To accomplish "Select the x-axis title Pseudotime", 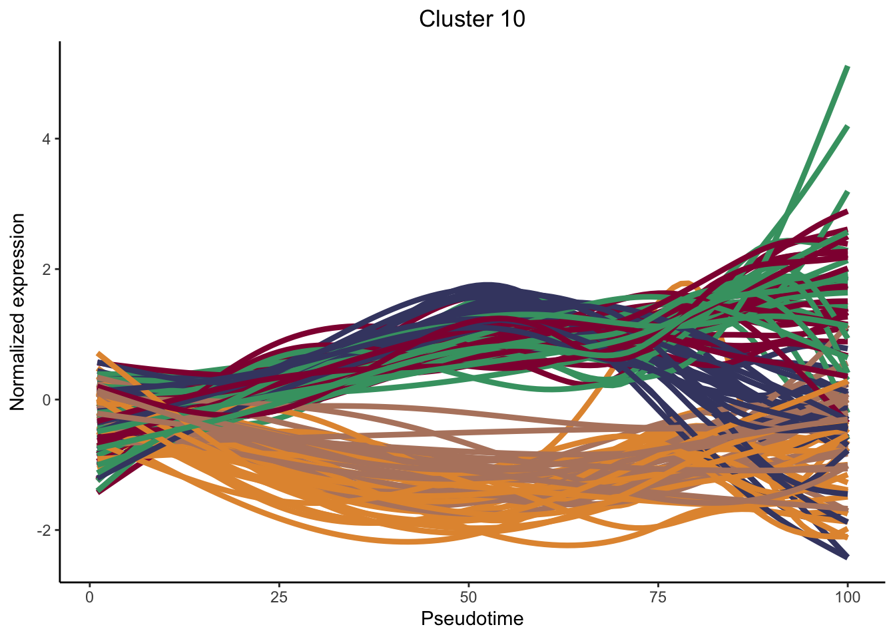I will (472, 619).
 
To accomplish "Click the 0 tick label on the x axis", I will (90, 597).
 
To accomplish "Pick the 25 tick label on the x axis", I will (279, 597).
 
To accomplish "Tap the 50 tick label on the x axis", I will (469, 597).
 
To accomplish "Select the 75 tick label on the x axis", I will (658, 597).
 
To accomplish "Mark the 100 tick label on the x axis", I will (847, 597).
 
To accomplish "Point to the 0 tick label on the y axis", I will (47, 400).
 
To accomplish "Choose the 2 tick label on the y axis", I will (47, 270).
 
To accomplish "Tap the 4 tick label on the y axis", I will (47, 139).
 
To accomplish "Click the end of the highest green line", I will (847, 67).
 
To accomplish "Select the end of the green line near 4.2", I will (847, 126).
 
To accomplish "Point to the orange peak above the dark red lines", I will (685, 284).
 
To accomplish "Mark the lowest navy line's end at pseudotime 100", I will (847, 556).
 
